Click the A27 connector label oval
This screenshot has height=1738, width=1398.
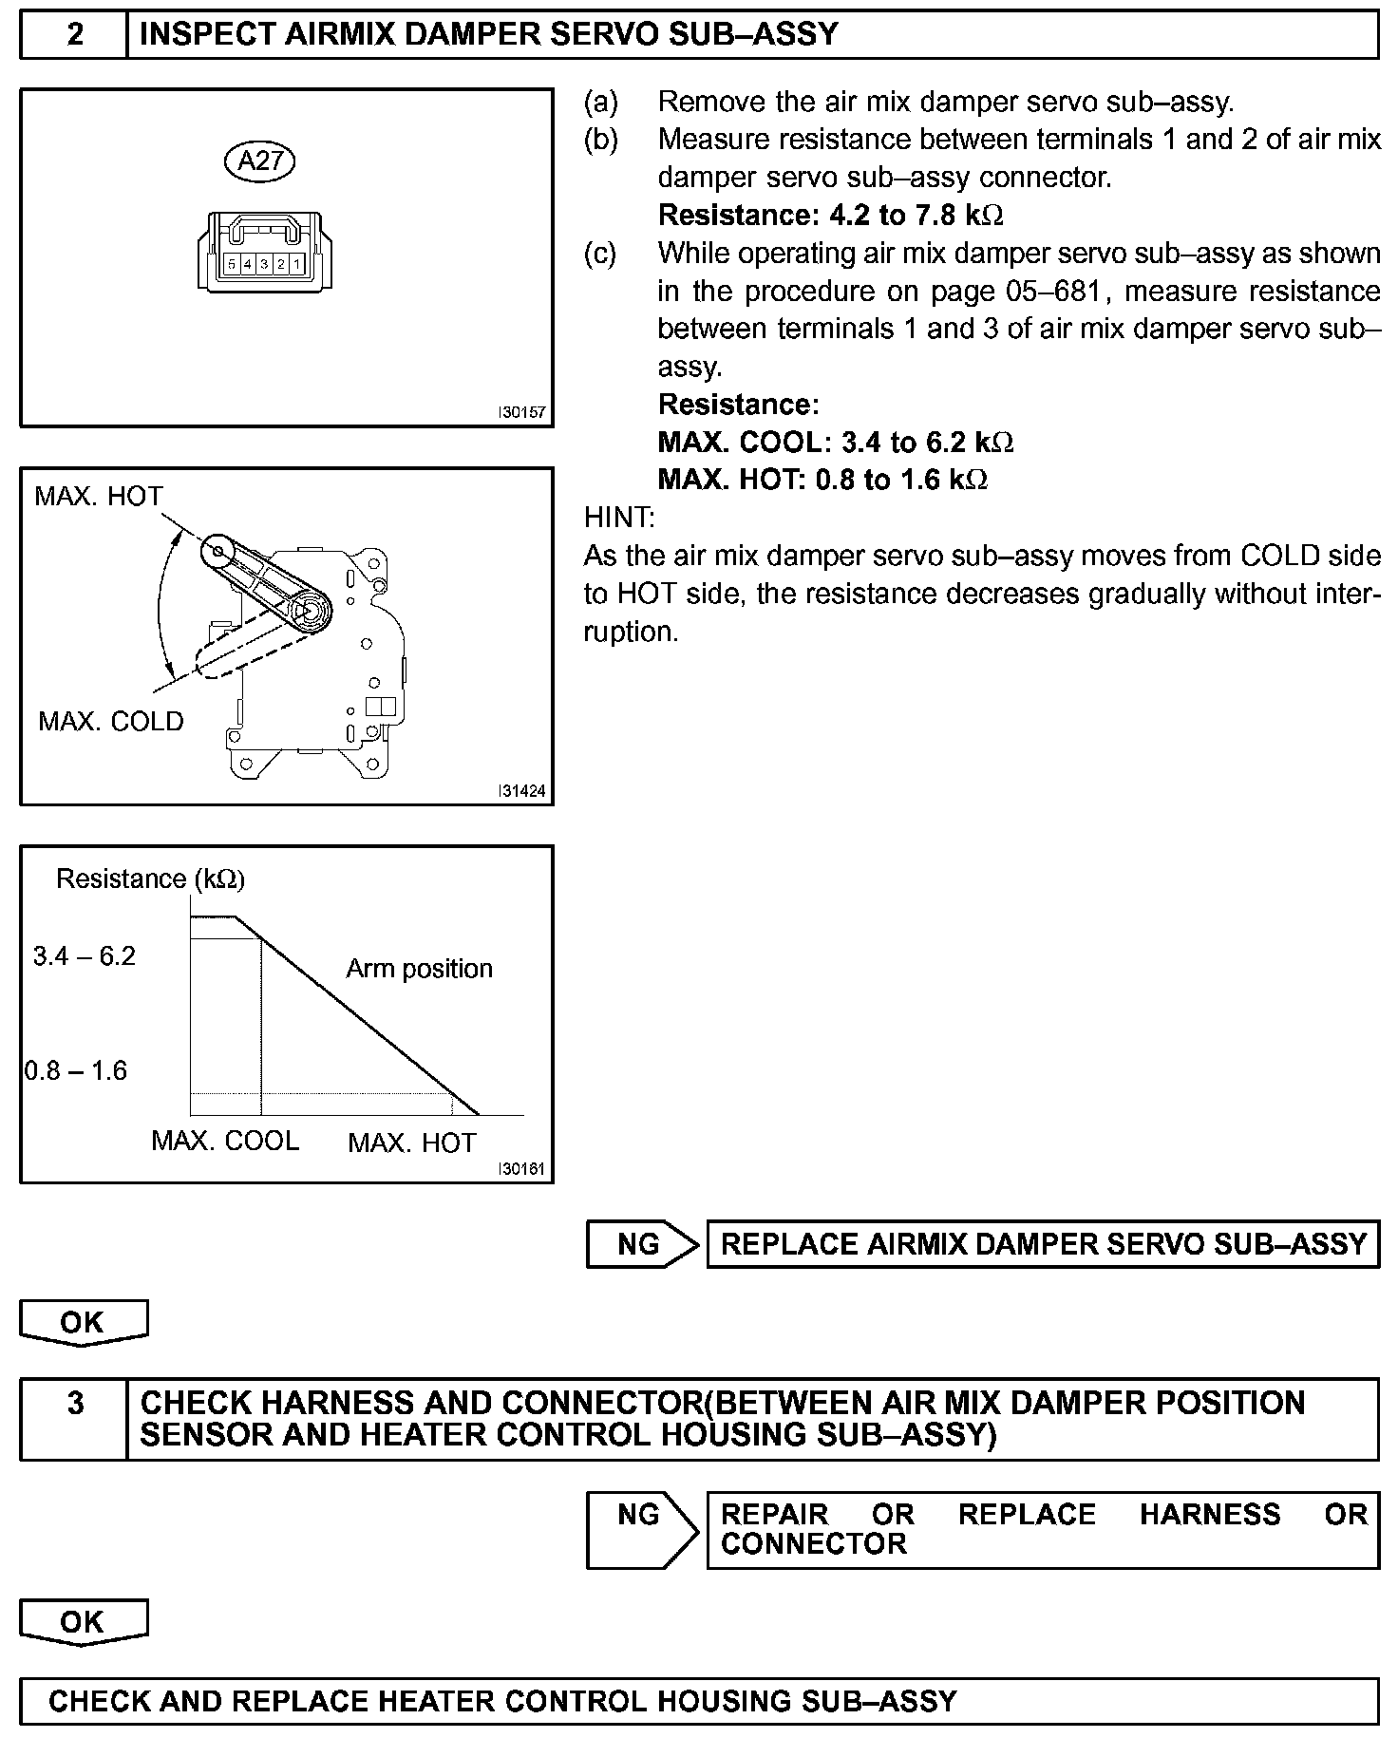tap(260, 161)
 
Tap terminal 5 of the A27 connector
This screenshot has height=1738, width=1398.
tap(232, 263)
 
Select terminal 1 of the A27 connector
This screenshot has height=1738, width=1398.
tap(296, 263)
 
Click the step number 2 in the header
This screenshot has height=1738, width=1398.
tap(74, 34)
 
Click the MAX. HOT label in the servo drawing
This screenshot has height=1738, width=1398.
tap(99, 496)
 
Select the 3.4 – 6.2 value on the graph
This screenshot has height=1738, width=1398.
tap(85, 955)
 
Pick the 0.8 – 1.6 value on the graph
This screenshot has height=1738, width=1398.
tap(76, 1070)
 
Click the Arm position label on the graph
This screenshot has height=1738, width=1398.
tap(419, 968)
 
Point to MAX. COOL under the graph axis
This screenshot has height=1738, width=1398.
tap(225, 1140)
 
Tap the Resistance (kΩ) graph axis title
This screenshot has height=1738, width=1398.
tap(150, 878)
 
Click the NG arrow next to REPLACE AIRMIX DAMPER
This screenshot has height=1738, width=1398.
tap(642, 1244)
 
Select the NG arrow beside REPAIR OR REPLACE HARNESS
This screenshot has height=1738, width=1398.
tap(642, 1514)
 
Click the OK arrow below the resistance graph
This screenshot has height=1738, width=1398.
tap(84, 1322)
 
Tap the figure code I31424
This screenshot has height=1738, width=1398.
tap(522, 791)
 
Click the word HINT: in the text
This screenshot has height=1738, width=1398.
tap(619, 518)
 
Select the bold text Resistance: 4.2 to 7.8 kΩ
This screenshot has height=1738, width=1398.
tap(830, 215)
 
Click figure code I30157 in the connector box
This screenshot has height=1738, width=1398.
tap(522, 413)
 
